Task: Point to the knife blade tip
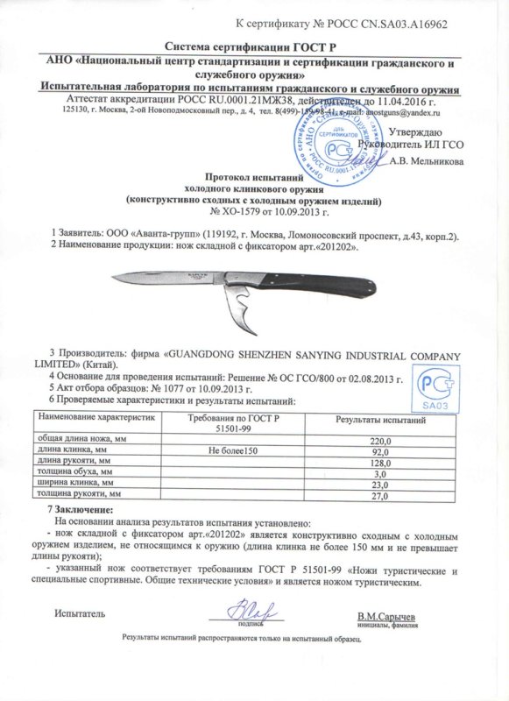(x=116, y=280)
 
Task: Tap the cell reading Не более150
(x=231, y=450)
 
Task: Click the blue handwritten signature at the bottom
(x=243, y=608)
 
